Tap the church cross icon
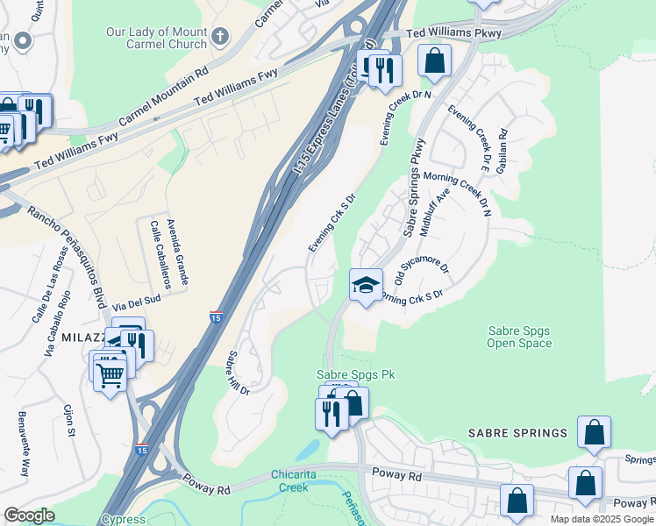(x=220, y=37)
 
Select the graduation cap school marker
(x=366, y=285)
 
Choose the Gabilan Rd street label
(x=503, y=151)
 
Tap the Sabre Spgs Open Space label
(x=519, y=337)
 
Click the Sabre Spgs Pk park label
(x=356, y=374)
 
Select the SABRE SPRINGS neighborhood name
(x=517, y=433)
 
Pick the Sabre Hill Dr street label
(x=239, y=373)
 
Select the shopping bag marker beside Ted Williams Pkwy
(x=434, y=62)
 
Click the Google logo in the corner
(x=29, y=515)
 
